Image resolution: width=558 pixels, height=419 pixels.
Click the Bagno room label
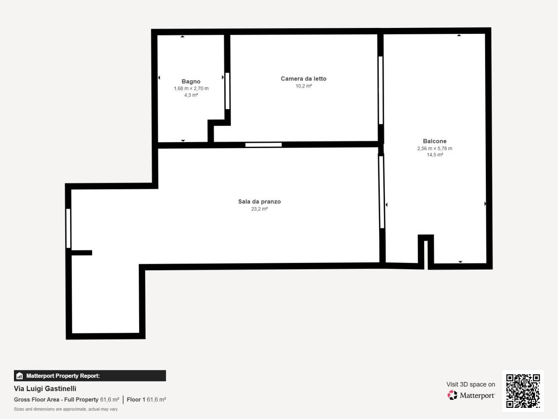coord(191,81)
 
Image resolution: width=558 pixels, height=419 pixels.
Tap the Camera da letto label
coord(304,79)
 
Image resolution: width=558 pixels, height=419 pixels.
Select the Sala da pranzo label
coord(259,202)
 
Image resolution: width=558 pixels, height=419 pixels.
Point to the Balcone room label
coord(435,141)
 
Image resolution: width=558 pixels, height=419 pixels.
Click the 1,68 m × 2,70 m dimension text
coord(191,88)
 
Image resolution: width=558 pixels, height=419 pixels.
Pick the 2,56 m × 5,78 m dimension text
coord(435,148)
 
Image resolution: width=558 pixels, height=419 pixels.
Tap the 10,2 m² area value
coord(304,86)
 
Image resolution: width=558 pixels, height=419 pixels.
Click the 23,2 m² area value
coord(259,209)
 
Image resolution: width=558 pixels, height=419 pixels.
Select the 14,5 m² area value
coord(435,155)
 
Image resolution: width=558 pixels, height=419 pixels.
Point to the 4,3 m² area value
coord(191,95)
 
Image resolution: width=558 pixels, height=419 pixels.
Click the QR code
coord(523,391)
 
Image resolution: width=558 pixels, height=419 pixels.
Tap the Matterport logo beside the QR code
coord(471,395)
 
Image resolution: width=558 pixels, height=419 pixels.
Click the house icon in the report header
coord(20,376)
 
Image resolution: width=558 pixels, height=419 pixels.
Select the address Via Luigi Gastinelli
coord(45,388)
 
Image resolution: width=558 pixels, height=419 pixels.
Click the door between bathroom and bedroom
coord(228,91)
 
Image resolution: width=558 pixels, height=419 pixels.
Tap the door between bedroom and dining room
coord(263,145)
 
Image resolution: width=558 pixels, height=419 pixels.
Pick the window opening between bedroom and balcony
coord(381,90)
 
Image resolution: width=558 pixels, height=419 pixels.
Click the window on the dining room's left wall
coord(68,228)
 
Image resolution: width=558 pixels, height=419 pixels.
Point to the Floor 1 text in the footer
coord(136,399)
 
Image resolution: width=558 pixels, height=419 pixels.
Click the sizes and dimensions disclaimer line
coord(66,409)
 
